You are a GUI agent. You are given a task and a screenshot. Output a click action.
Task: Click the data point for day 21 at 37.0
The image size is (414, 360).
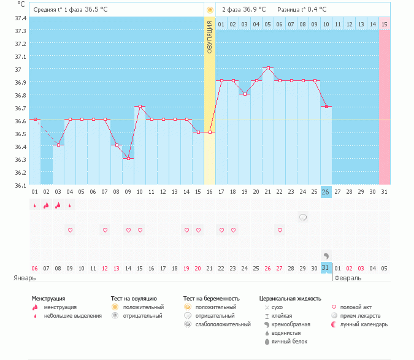coord(268,67)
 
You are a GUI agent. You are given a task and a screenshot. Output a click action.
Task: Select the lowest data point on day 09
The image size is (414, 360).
coord(128,158)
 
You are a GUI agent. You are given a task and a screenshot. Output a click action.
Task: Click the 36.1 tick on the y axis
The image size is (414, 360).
coord(20,185)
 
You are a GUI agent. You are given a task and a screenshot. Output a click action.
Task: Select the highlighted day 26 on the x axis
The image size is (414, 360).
coord(326,192)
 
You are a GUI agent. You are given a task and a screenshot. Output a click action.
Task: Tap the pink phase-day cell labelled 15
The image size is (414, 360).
coord(385,25)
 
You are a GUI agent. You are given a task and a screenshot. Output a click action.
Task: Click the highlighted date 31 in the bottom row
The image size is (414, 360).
coord(326,268)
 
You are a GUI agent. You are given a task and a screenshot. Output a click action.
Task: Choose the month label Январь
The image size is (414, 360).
coord(26,278)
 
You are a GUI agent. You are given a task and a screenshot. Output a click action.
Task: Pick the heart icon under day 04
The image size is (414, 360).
coord(70,230)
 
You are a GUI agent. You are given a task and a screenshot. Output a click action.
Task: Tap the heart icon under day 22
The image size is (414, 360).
coord(280,230)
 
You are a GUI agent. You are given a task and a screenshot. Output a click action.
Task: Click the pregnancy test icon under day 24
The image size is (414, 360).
coord(303,217)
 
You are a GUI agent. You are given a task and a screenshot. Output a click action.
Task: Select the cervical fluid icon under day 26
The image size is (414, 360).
coord(326,255)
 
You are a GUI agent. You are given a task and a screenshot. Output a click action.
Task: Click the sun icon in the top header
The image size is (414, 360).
coord(210,10)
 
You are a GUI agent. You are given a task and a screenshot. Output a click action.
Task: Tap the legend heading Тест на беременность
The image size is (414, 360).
coord(211,298)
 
